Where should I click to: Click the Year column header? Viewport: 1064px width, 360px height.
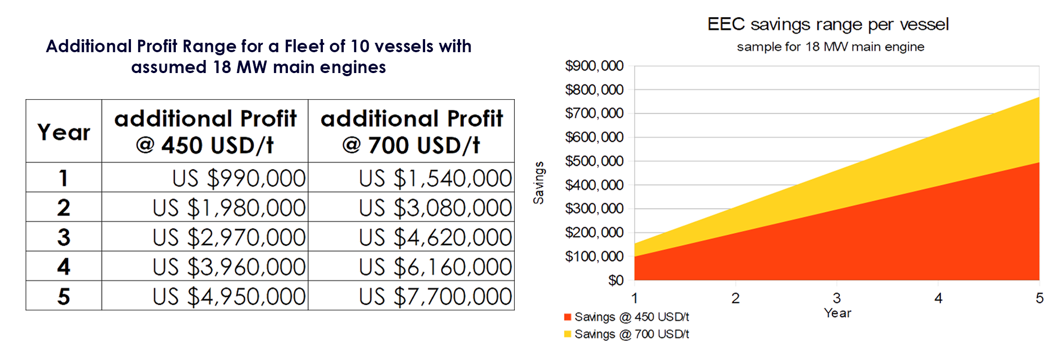[x=64, y=132]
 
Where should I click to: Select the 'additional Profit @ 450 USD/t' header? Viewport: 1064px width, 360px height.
[x=205, y=131]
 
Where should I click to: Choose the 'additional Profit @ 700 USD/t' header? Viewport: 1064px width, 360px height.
[x=412, y=131]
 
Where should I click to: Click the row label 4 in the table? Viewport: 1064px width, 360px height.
[x=64, y=267]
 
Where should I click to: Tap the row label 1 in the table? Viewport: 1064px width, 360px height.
[x=64, y=178]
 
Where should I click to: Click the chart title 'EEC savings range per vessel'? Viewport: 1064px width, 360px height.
[x=828, y=25]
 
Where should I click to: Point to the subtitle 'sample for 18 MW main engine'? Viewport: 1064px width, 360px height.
[x=830, y=47]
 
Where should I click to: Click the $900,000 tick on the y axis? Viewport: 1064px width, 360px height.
[x=594, y=66]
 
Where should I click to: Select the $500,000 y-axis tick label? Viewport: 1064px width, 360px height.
[x=594, y=161]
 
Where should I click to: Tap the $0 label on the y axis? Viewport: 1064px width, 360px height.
[x=615, y=281]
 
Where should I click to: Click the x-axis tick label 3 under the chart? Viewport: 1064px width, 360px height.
[x=837, y=298]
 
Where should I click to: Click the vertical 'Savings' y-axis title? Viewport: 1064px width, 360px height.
[x=539, y=183]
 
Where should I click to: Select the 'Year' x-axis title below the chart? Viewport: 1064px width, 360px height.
[x=838, y=313]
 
